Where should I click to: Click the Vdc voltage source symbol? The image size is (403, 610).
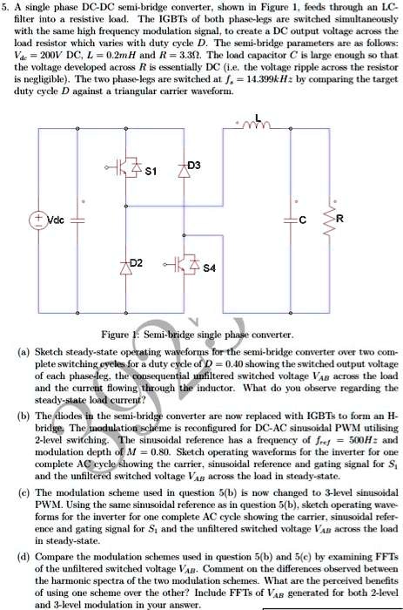click(43, 218)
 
